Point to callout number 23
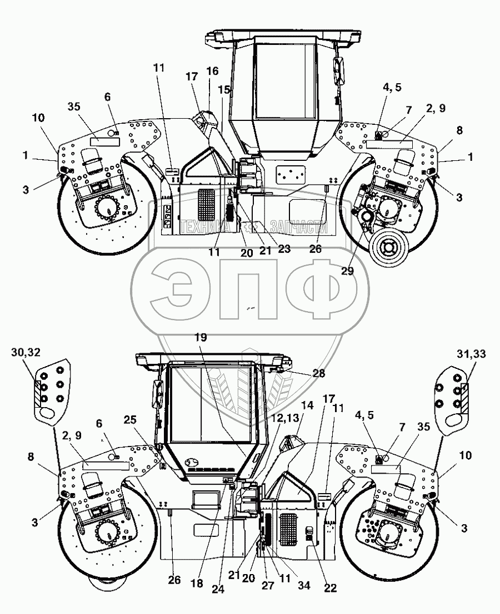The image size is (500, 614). click(x=284, y=249)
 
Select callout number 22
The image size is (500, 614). click(x=330, y=588)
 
